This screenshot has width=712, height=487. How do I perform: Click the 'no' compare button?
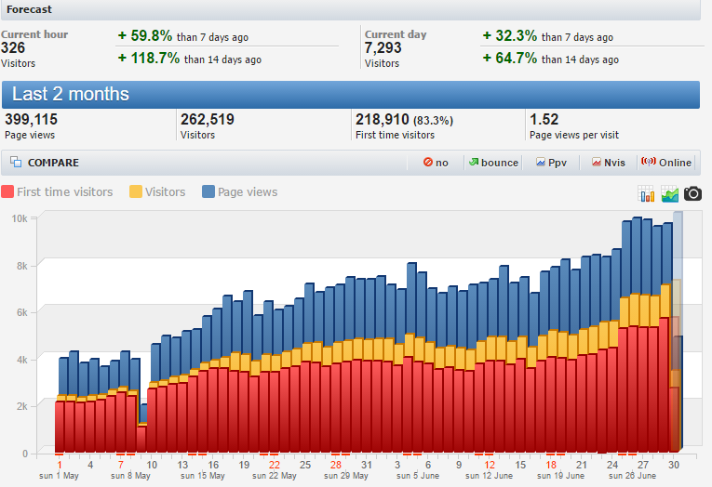(x=436, y=163)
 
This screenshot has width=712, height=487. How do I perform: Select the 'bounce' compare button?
(x=492, y=163)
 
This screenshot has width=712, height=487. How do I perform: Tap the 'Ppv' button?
(x=551, y=163)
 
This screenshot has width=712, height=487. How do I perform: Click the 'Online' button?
(x=665, y=163)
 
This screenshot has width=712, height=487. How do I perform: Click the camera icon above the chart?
(x=693, y=193)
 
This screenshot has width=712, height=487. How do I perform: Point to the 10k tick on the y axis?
(x=19, y=219)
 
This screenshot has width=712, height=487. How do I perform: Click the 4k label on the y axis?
(x=20, y=360)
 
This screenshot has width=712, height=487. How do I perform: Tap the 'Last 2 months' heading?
(x=71, y=95)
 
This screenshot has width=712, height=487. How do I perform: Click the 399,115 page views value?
(x=32, y=119)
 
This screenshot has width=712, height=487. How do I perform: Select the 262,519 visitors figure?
(x=207, y=119)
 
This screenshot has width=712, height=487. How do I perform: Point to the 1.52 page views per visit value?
(x=544, y=119)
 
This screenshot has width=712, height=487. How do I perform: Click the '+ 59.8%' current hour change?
(x=145, y=36)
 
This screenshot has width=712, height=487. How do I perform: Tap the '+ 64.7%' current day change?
(x=510, y=59)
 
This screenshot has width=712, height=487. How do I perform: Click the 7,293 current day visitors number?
(x=383, y=47)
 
